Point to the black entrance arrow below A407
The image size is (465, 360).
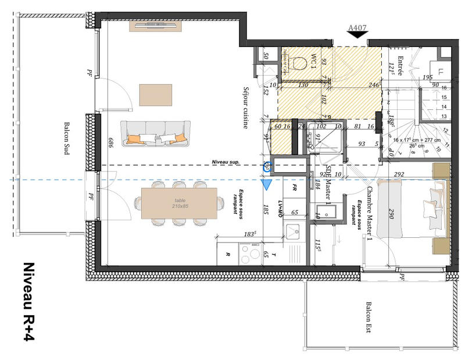[x=357, y=36]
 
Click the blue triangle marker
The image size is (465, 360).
[x=267, y=185]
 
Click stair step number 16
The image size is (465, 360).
[x=445, y=88]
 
